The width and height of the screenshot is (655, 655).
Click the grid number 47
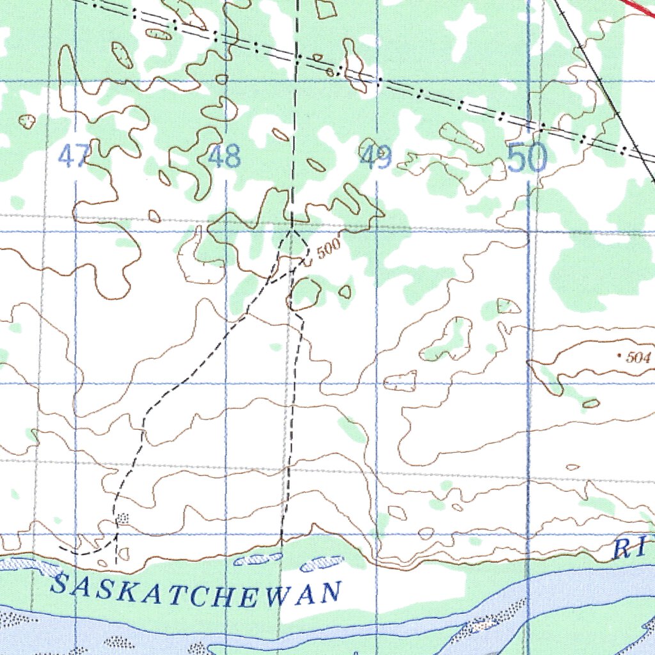[74, 155]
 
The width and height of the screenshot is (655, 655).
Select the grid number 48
[225, 156]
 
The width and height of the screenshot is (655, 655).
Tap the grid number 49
[375, 157]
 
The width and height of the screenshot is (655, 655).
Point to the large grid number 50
[528, 158]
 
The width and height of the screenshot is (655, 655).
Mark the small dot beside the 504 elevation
[620, 354]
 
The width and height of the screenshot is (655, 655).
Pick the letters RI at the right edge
[631, 549]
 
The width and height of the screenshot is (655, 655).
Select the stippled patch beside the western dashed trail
[123, 517]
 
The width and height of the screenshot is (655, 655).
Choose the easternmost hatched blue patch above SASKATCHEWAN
[321, 563]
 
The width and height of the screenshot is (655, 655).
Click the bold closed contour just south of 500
[305, 294]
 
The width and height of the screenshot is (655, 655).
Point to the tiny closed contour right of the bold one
[345, 292]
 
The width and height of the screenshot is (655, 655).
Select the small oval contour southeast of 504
[591, 403]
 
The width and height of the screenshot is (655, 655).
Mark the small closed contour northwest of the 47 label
[27, 121]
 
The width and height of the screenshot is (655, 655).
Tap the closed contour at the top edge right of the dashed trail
[326, 8]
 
